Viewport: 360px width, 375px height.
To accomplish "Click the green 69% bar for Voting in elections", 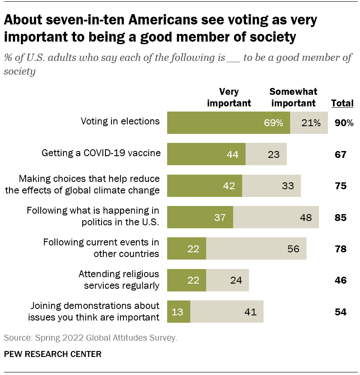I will coord(228,123).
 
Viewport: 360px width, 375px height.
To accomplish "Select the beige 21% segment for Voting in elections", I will coord(309,123).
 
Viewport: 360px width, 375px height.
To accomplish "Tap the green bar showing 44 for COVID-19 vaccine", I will coord(206,154).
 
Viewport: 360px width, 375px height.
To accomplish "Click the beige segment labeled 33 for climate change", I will coord(271,186).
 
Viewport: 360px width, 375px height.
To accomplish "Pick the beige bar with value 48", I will coord(276,217).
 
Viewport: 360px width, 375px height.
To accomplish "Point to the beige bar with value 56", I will coord(256,248).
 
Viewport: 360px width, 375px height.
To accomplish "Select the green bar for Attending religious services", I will coord(186,280).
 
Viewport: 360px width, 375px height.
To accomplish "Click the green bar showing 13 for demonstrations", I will coord(179,311).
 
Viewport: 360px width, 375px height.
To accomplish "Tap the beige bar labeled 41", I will coord(227,311).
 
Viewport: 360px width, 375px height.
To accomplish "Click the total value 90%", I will coord(344,123).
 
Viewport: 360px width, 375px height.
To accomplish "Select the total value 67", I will coord(340,154).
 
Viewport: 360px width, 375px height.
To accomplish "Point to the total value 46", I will coord(340,280).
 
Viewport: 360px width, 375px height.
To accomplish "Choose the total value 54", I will coord(340,312).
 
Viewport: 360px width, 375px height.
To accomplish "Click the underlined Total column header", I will coord(342,103).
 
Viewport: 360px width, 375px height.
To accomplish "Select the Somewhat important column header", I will coord(293,97).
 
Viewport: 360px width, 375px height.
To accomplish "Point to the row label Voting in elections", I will coord(120,121).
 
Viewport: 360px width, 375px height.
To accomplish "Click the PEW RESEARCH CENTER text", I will coord(53,354).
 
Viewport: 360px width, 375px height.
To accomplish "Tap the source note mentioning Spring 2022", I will coord(90,338).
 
